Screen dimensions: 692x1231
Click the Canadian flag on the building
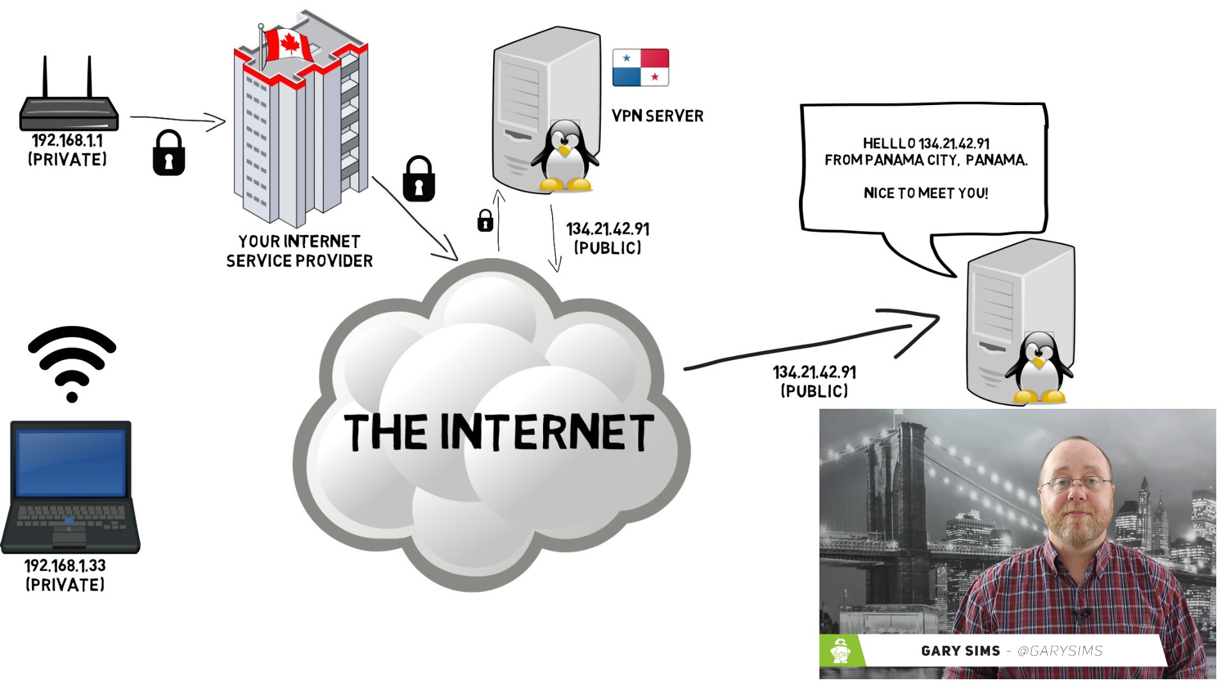coord(287,45)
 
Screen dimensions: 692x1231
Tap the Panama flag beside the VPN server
coord(641,67)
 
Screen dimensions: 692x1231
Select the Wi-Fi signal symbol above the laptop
coord(72,363)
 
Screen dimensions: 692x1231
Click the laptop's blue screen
coord(71,463)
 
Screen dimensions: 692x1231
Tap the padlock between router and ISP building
coord(169,153)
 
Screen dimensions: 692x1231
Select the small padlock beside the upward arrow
coord(485,220)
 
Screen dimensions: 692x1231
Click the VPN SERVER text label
coord(657,116)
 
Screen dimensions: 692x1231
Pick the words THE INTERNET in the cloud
coord(499,432)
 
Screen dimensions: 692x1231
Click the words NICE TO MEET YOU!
coord(925,193)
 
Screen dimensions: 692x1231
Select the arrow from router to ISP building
coord(178,119)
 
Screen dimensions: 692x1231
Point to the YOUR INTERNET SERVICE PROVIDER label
coord(299,251)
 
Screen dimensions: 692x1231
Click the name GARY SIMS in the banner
coord(960,651)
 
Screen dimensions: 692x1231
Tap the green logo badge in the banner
coord(841,651)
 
